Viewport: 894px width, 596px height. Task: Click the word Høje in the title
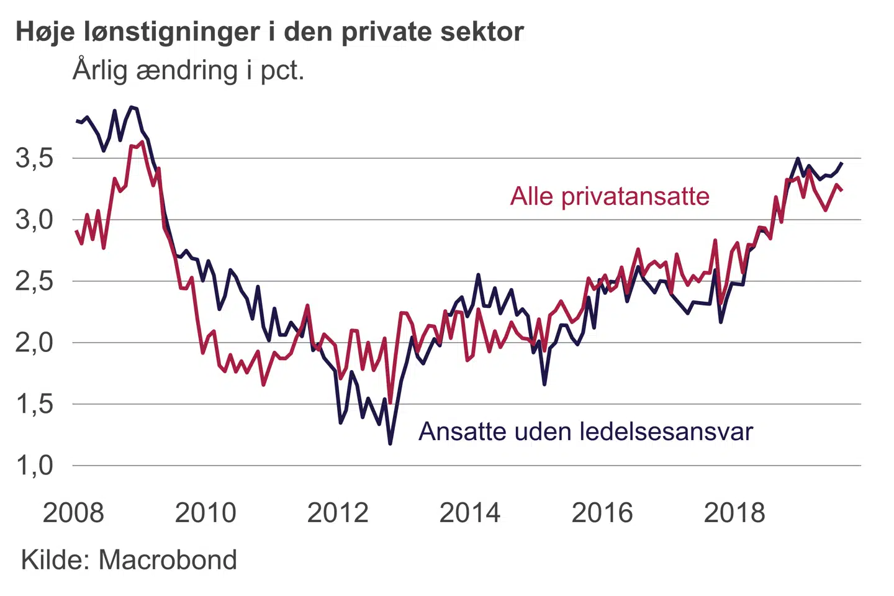tap(45, 32)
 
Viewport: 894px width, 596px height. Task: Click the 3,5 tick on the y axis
tap(35, 158)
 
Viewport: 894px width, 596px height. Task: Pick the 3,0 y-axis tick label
tap(35, 220)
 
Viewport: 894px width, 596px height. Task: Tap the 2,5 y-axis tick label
tap(35, 281)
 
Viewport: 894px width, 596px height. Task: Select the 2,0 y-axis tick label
tap(35, 343)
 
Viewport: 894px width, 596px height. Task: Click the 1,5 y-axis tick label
tap(35, 404)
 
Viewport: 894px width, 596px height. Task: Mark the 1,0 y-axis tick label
tap(35, 466)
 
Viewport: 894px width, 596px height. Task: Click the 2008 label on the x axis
tap(73, 513)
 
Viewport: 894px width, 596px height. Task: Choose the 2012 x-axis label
tap(338, 513)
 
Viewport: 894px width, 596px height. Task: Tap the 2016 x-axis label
tap(602, 513)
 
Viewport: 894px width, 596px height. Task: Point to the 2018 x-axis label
tap(734, 513)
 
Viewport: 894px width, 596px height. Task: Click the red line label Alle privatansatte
tap(610, 196)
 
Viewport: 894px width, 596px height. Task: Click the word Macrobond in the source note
tap(168, 560)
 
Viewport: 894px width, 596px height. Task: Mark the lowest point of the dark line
tap(390, 443)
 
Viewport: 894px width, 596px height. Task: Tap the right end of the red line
tap(841, 190)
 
